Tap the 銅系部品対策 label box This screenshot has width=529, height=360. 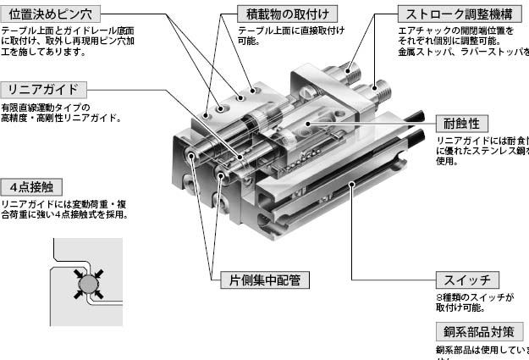478,332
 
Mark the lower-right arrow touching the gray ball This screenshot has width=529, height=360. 96,291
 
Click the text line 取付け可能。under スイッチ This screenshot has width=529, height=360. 462,309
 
